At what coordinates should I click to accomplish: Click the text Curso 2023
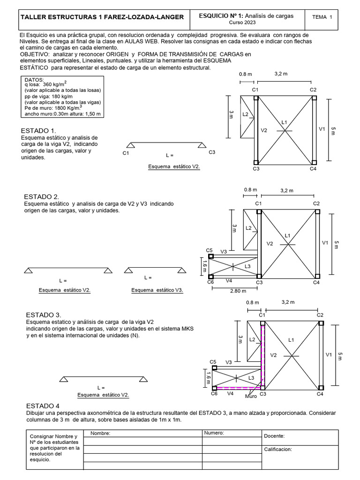tap(243, 22)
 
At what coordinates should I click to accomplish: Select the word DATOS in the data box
tap(34, 80)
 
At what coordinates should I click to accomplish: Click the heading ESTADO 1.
tap(39, 130)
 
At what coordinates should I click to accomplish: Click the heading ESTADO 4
tap(43, 405)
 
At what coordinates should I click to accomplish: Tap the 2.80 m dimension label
tap(239, 291)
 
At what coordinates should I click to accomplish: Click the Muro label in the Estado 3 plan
tap(251, 397)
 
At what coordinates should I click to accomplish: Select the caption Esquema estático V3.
tap(157, 290)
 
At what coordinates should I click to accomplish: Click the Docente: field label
tap(274, 436)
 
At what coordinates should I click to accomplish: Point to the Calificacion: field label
tap(278, 449)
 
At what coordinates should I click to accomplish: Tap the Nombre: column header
tap(100, 434)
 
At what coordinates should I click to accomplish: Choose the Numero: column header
tap(214, 433)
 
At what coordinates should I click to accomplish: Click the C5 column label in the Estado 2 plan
tap(210, 250)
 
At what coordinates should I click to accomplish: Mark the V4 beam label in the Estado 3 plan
tap(230, 394)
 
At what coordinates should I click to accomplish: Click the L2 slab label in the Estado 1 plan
tap(246, 114)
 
